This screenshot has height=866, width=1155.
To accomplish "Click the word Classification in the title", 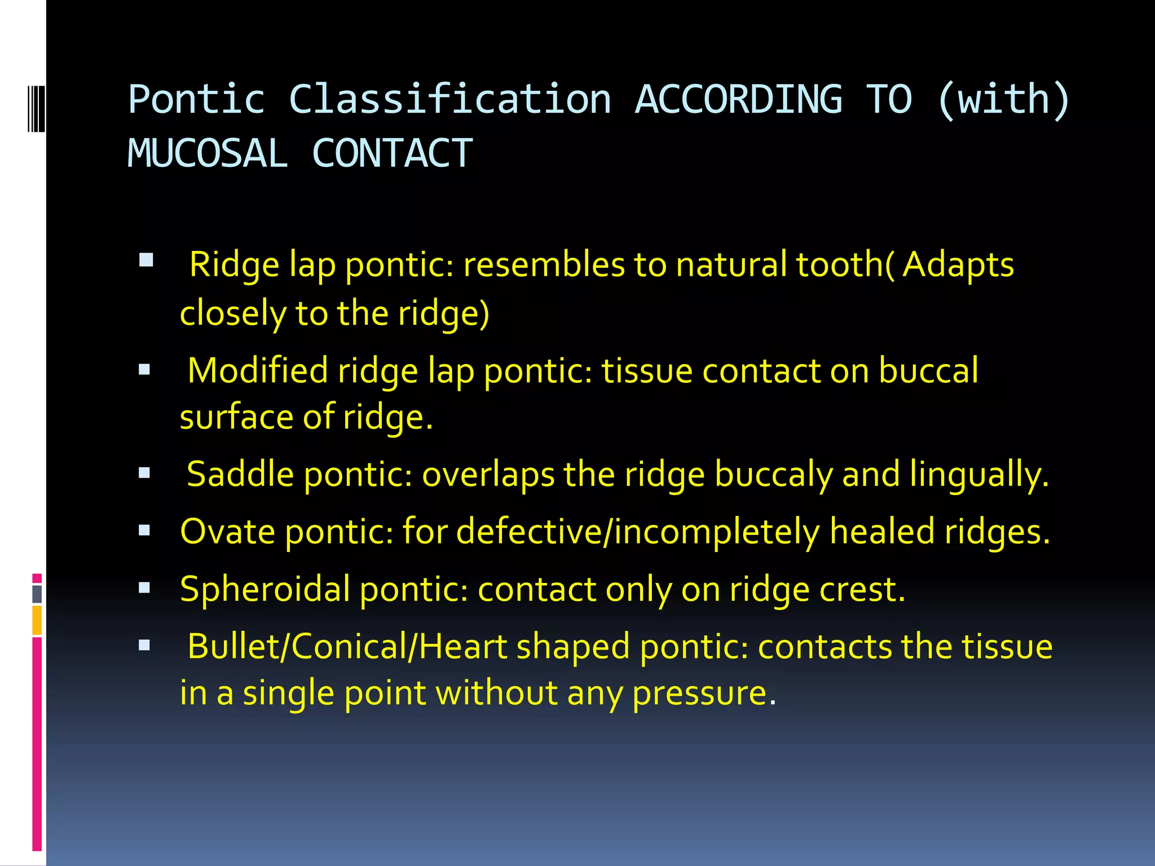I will click(x=450, y=100).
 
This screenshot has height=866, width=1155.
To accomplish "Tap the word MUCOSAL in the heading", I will click(x=208, y=153).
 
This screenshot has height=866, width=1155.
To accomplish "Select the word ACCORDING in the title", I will click(x=739, y=100).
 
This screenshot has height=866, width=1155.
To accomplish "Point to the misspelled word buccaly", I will click(x=774, y=475).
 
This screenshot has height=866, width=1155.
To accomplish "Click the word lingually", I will click(x=979, y=475).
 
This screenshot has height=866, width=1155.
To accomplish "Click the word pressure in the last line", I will click(x=704, y=693).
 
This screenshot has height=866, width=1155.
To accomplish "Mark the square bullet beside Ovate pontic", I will click(x=145, y=530).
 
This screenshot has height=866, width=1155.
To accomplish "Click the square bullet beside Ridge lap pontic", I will click(x=146, y=260).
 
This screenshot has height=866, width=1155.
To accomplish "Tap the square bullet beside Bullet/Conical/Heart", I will click(x=145, y=645).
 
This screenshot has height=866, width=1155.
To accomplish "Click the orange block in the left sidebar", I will click(x=37, y=620).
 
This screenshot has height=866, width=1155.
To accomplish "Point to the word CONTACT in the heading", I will click(x=392, y=153).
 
